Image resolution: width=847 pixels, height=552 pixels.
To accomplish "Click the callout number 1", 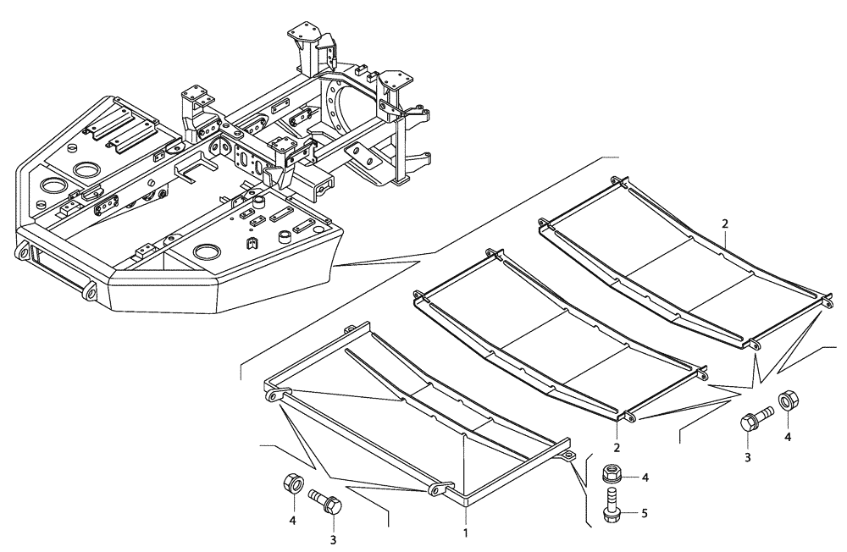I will (465, 533).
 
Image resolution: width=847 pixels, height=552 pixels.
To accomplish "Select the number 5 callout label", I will (645, 512).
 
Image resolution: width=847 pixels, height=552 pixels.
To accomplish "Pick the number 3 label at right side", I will (748, 458).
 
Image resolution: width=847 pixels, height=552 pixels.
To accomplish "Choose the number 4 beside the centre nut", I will (645, 477).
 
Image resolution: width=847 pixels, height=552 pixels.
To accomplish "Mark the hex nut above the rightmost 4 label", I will (786, 398).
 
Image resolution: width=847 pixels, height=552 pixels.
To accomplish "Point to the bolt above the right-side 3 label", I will (756, 417).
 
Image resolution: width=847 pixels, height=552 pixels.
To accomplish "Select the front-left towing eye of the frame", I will (22, 251).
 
